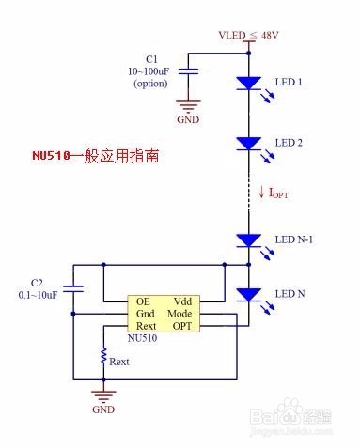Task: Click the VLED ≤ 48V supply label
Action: [x=249, y=36]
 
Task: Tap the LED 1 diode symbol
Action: [x=249, y=84]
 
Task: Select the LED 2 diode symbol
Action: [x=249, y=143]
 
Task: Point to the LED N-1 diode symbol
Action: [x=249, y=240]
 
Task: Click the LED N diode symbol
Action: [x=249, y=295]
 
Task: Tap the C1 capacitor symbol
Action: [x=189, y=70]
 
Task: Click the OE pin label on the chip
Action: [x=143, y=301]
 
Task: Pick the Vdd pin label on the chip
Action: [x=182, y=301]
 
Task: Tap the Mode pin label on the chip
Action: [x=180, y=313]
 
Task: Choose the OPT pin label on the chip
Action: [x=181, y=325]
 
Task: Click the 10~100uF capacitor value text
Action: [x=149, y=71]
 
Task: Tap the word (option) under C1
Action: [x=149, y=83]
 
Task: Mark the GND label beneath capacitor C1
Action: [x=189, y=120]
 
